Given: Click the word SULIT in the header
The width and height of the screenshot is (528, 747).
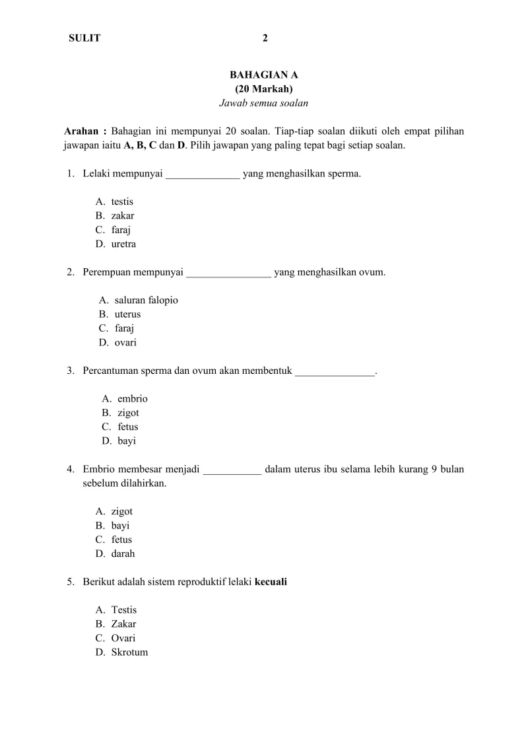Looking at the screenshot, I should coord(84,38).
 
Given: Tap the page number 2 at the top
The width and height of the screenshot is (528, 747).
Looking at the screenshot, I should coord(265,38).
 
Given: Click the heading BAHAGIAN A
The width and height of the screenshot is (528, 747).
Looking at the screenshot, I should coord(264,75).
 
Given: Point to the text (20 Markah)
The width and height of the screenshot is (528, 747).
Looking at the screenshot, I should coord(264,89).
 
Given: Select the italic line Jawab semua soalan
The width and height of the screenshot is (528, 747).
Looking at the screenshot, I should coord(264,103).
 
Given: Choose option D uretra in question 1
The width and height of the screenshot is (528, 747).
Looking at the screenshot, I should coord(123,244).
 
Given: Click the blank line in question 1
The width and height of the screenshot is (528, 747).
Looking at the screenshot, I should coord(203,174).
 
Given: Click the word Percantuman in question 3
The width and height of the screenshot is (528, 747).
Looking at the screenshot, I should coord(111,371).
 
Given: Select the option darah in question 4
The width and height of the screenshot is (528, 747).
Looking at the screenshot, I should coord(123,553).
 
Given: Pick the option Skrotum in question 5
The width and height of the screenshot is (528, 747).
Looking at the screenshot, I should coord(129,652).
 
